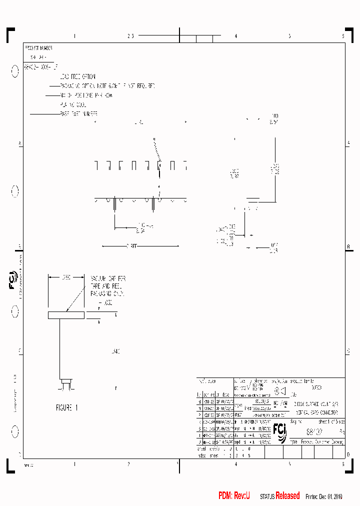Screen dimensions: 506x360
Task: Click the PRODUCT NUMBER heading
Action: tap(38, 48)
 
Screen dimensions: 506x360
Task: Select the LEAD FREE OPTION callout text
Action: tap(77, 76)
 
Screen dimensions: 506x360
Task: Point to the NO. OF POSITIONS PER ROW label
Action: tap(86, 95)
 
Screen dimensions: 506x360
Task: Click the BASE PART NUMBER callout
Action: tap(79, 114)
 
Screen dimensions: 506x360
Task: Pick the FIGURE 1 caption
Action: tap(67, 407)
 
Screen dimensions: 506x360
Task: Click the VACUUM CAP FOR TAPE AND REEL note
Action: tap(107, 286)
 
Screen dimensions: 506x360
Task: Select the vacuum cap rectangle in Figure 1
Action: tap(66, 315)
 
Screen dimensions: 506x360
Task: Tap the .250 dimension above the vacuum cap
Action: tap(66, 276)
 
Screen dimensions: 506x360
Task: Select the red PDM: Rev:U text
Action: tap(234, 495)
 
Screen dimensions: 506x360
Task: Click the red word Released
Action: tap(287, 495)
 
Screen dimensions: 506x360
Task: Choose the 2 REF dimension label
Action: tap(131, 246)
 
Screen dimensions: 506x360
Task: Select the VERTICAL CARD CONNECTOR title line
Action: tap(316, 412)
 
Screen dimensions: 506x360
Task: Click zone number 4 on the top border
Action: tap(235, 36)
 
